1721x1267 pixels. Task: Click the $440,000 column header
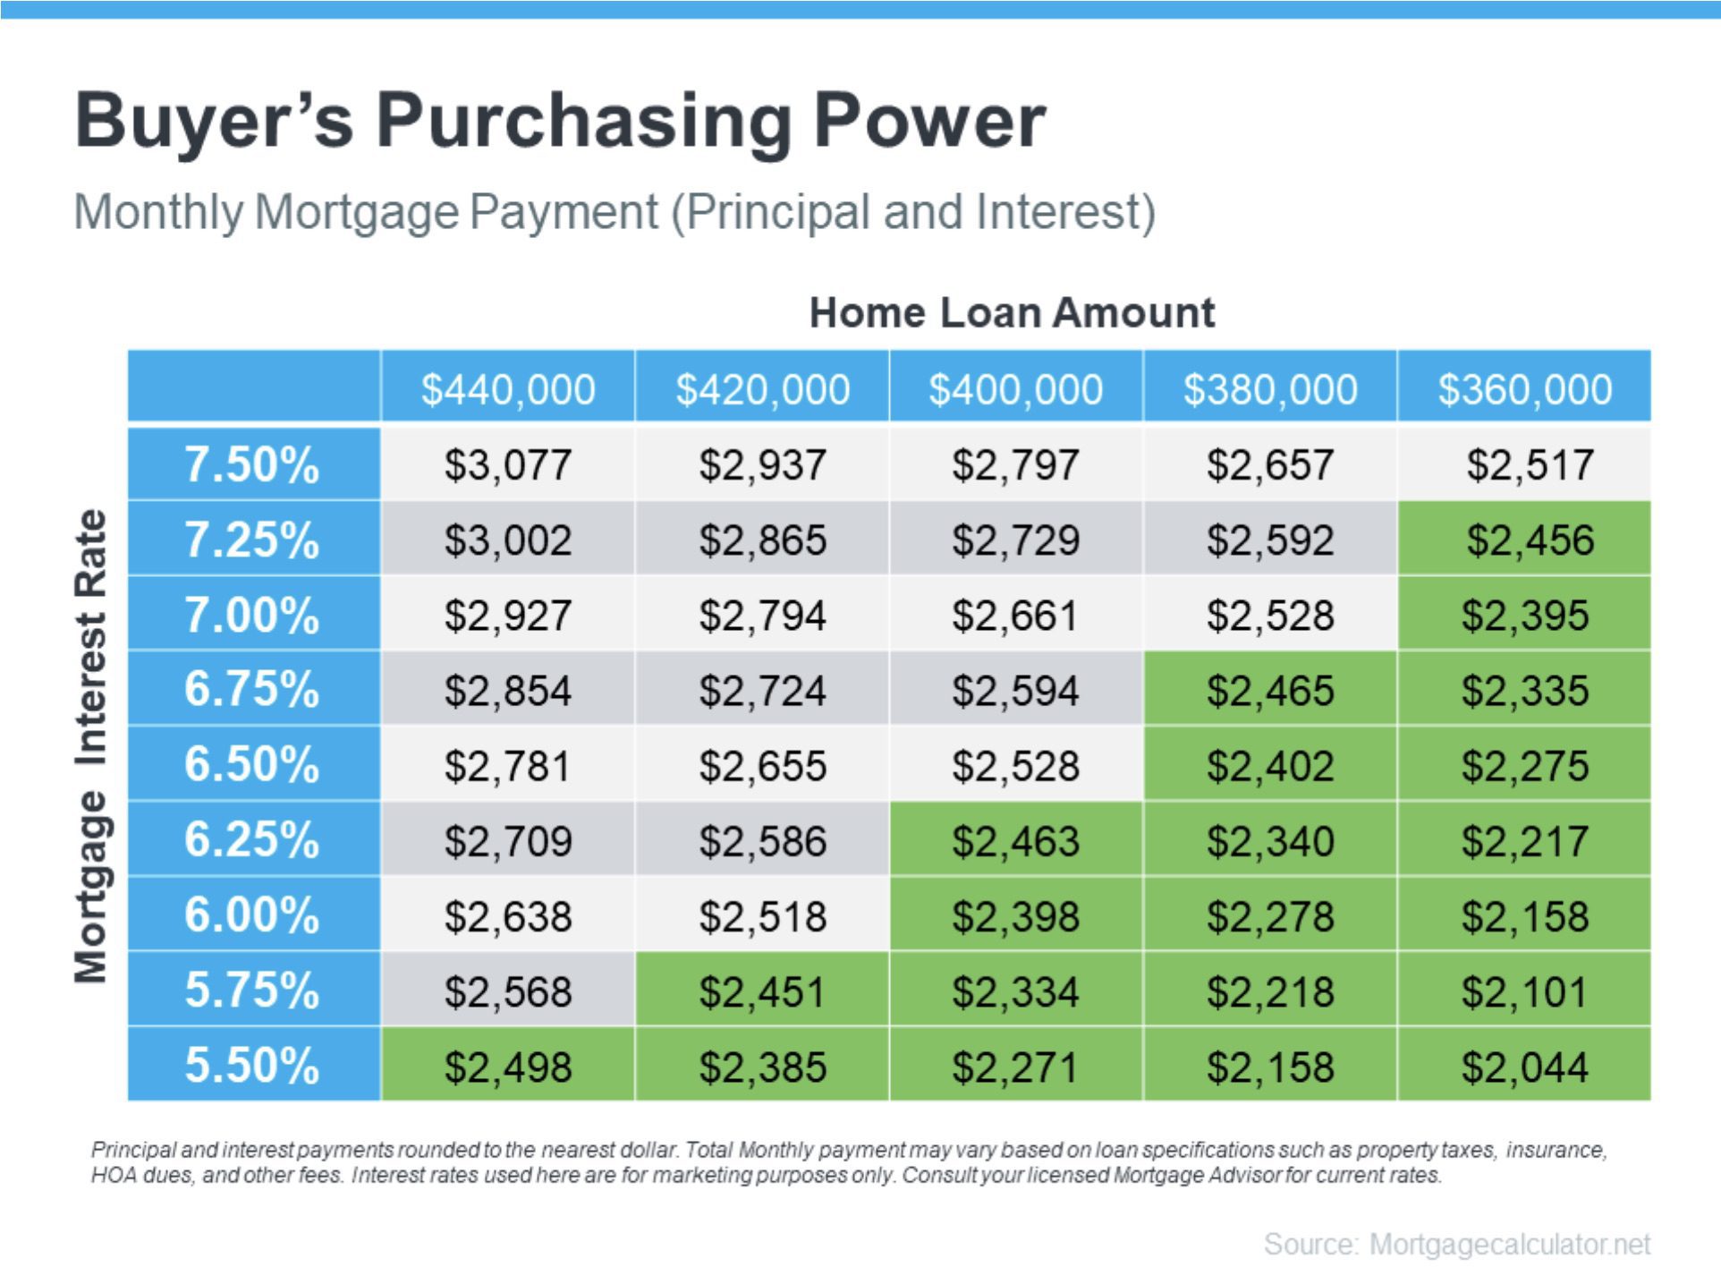pos(508,389)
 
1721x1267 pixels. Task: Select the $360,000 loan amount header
pos(1524,389)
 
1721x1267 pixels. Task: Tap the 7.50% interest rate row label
pos(254,464)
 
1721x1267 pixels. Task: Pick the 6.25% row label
pos(254,839)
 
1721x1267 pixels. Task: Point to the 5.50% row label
pos(254,1065)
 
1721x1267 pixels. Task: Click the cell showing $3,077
pos(508,464)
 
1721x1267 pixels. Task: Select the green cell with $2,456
pos(1524,540)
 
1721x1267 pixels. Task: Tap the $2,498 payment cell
pos(508,1065)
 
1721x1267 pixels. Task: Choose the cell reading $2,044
pos(1524,1065)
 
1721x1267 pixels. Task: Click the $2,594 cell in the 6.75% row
pos(1016,690)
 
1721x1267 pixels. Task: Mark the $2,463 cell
pos(1016,839)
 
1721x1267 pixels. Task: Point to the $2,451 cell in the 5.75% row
pos(762,990)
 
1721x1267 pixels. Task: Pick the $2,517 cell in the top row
pos(1524,464)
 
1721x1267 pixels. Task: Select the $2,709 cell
pos(508,839)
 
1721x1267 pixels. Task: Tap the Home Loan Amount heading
pos(1012,313)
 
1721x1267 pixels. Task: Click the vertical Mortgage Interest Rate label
pos(90,746)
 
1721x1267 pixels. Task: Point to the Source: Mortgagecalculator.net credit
pos(1457,1243)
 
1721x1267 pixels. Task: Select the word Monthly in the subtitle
pos(158,213)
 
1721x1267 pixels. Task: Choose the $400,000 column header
pos(1016,389)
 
